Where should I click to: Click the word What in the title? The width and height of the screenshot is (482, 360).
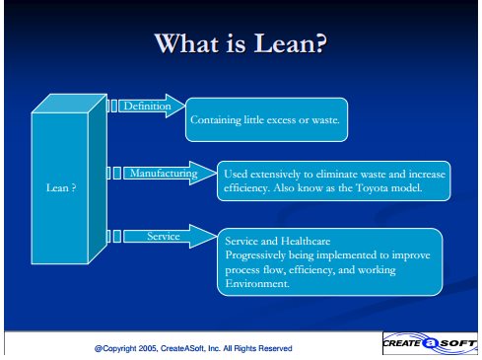tap(187, 43)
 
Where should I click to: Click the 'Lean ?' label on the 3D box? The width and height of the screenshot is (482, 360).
tap(61, 187)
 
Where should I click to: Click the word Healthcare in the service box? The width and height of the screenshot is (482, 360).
tap(306, 241)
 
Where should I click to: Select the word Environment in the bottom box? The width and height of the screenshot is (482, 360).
tap(256, 283)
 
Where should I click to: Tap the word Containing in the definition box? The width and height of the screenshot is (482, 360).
tap(216, 120)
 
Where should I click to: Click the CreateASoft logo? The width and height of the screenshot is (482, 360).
tap(430, 343)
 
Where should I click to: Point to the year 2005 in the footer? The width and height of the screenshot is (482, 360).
tap(147, 348)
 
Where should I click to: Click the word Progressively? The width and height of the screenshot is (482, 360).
tap(255, 255)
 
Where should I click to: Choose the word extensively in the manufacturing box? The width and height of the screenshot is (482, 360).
tap(275, 175)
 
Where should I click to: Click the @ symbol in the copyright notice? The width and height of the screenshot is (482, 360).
tap(99, 348)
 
